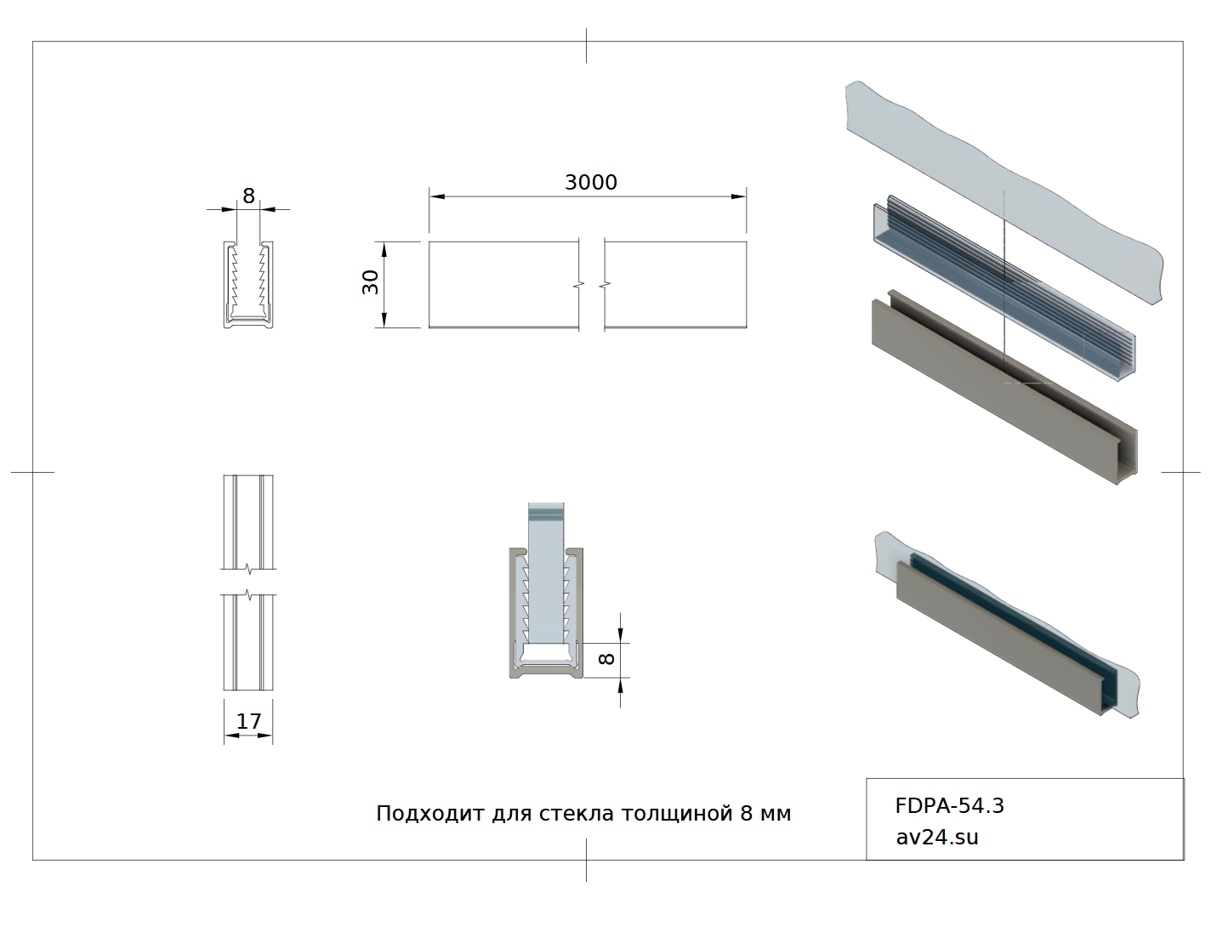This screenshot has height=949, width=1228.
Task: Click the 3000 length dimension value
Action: click(590, 183)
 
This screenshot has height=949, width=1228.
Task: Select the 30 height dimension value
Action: click(370, 281)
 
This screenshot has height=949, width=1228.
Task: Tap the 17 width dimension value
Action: click(248, 721)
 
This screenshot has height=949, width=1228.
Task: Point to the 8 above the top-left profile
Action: click(248, 196)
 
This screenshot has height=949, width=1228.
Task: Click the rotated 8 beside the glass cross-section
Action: click(606, 659)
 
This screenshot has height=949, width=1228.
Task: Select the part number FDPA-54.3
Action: click(949, 806)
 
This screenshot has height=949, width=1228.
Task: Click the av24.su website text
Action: click(937, 837)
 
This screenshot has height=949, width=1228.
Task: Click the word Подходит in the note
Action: click(430, 814)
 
